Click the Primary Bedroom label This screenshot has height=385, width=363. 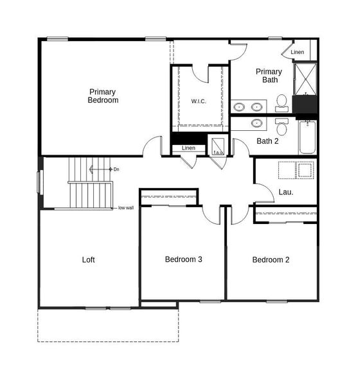103,96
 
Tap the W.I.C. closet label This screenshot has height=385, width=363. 199,101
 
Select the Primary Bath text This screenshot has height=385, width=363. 269,76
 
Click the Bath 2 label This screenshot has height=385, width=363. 267,141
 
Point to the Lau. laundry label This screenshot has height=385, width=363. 286,191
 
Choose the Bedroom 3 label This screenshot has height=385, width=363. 184,260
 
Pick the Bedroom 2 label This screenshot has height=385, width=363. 270,260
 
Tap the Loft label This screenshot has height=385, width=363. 89,260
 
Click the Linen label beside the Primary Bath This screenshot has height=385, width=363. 297,52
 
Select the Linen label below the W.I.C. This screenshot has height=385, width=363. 188,148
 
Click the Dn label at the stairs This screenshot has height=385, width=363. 116,169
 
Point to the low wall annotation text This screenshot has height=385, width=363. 125,208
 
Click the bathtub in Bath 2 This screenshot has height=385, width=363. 307,137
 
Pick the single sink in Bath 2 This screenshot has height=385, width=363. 257,123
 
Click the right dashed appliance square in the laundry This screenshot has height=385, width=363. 305,169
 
